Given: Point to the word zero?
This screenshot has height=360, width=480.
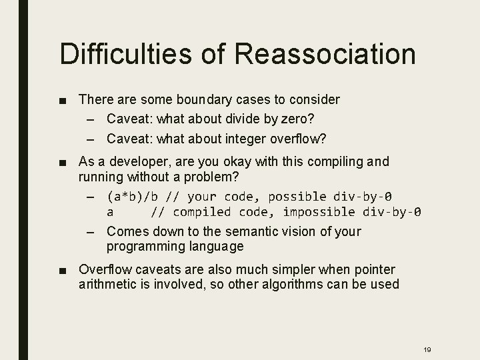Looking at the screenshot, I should click(299, 118).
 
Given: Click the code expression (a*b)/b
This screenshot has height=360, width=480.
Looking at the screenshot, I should click(133, 197).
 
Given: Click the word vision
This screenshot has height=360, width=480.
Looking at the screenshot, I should click(305, 231).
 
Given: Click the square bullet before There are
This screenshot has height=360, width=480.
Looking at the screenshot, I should click(63, 100).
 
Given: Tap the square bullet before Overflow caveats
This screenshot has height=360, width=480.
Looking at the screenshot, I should click(63, 270).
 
